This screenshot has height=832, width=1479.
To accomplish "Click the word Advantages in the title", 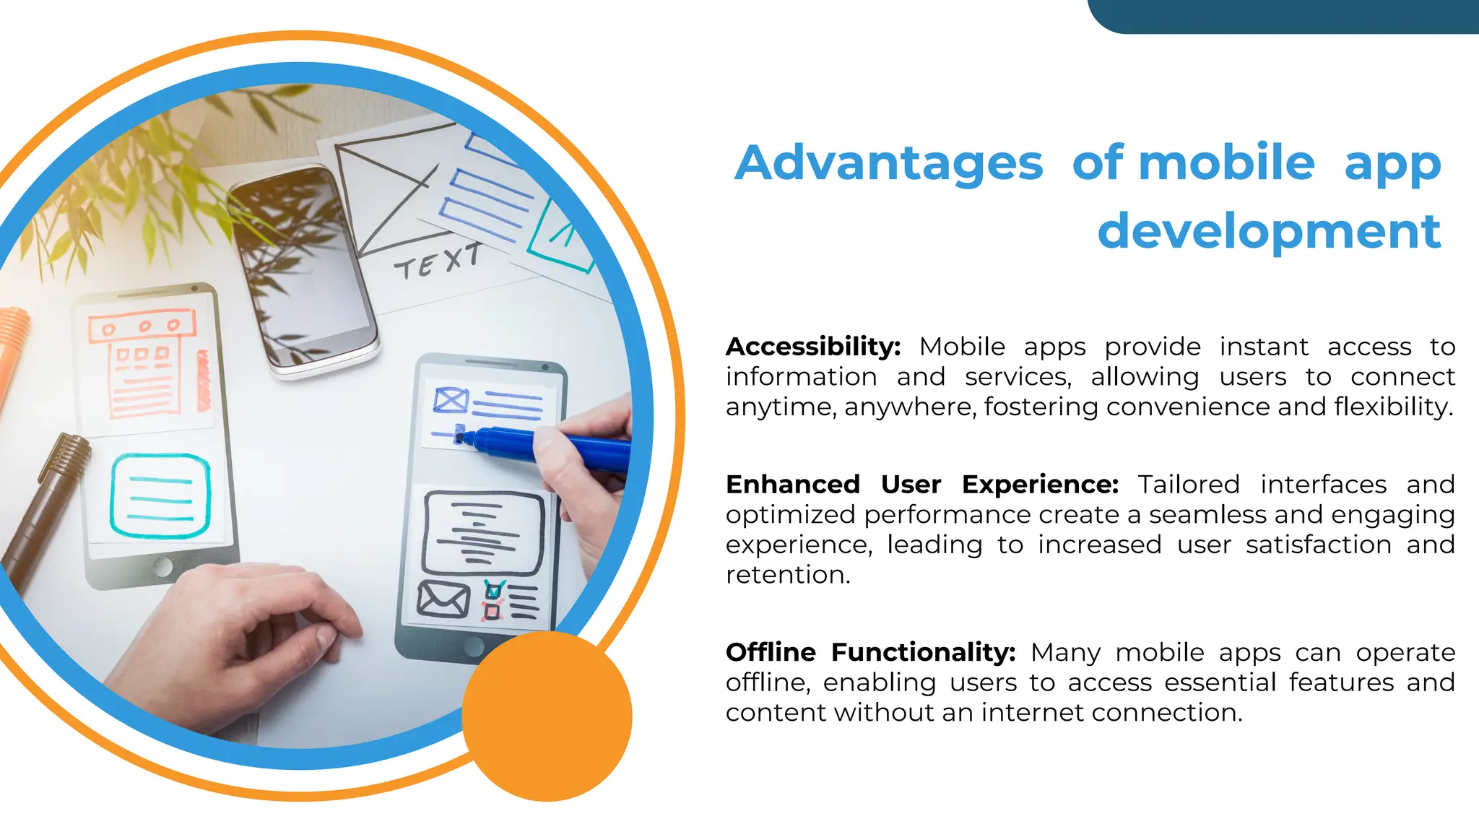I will [x=888, y=163].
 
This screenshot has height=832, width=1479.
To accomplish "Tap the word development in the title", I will [x=1269, y=231].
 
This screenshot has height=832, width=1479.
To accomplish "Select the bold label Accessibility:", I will [x=813, y=347].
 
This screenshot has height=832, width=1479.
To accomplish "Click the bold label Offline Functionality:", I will [x=870, y=652].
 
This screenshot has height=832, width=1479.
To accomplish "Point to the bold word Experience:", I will [x=1040, y=485].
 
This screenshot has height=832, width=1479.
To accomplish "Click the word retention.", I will [x=787, y=575].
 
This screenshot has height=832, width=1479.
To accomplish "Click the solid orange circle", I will [x=547, y=716].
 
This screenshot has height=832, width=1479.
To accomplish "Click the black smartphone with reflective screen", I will [x=303, y=267].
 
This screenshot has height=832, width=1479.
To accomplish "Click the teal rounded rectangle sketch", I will [x=160, y=495].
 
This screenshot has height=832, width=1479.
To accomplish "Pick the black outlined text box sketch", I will [x=483, y=533].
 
